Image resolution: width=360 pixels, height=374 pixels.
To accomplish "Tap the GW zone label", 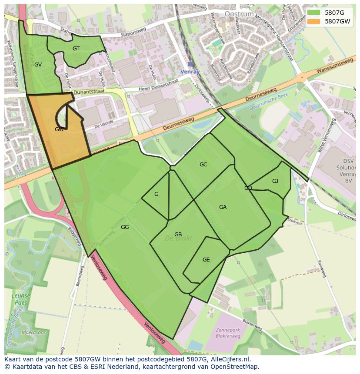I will coord(60,129).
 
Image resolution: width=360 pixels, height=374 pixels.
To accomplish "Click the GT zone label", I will coord(76,49).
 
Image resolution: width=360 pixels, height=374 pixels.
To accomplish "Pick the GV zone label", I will coord(38,65).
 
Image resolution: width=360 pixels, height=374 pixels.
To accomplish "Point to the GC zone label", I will coord(203,165).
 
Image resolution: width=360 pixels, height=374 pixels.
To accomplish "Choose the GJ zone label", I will coord(275,181).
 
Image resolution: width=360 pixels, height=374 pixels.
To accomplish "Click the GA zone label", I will coord(223,207).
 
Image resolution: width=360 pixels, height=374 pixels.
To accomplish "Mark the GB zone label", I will coord(178,235).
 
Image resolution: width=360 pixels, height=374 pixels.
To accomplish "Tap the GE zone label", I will coord(206,260).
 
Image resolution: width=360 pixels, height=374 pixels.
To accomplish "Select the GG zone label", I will coord(125,227).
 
